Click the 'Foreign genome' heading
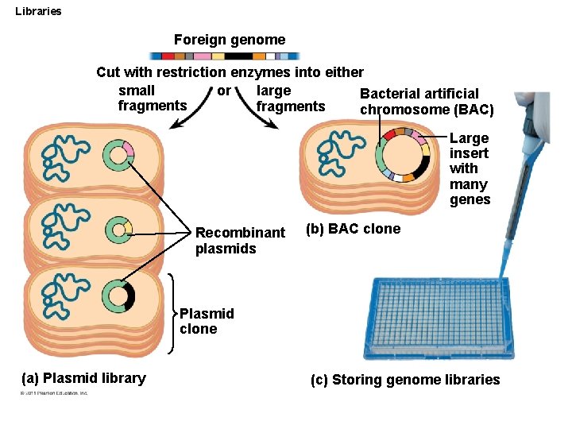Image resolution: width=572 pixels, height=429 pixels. (x=229, y=39)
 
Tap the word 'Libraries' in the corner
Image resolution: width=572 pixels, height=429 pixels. (x=38, y=11)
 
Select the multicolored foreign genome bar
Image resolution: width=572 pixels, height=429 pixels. (x=225, y=56)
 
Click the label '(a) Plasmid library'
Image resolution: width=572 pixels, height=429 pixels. (x=83, y=378)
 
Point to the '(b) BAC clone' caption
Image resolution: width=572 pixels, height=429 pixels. (x=353, y=230)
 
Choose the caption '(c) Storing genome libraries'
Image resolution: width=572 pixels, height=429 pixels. (x=405, y=380)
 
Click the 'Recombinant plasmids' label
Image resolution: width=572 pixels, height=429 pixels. (x=239, y=241)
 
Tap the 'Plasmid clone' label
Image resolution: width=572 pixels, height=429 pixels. (x=207, y=321)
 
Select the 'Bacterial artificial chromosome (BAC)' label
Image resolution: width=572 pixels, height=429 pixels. (x=427, y=102)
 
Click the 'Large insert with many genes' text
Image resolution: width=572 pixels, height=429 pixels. (x=470, y=168)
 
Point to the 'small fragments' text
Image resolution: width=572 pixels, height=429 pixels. (x=152, y=99)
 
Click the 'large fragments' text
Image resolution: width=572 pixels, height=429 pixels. (x=291, y=99)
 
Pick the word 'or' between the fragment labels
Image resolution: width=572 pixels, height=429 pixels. (x=224, y=91)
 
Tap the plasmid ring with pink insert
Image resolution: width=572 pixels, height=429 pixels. (x=118, y=155)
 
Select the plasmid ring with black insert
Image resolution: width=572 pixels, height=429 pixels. (x=118, y=296)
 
